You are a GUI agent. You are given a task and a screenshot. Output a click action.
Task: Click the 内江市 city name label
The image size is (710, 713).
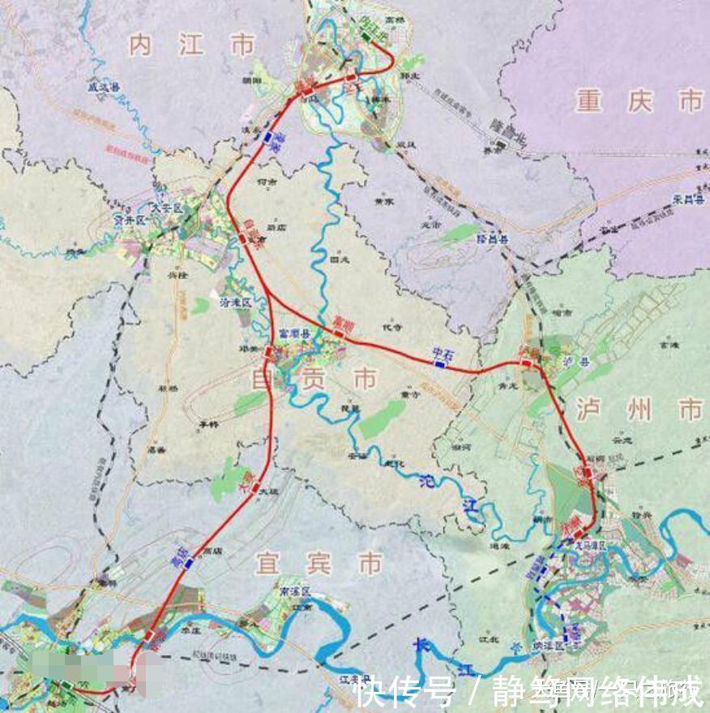click(192, 45)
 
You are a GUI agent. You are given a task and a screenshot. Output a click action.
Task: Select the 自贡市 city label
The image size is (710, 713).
click(327, 377)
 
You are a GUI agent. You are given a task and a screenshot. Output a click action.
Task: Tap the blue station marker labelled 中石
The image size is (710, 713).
click(440, 365)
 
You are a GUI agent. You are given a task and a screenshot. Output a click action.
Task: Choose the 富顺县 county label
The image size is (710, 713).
click(290, 333)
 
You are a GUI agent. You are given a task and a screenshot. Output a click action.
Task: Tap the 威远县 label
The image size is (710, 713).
click(105, 83)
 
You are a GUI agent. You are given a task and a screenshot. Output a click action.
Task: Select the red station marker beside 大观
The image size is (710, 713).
click(254, 488)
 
